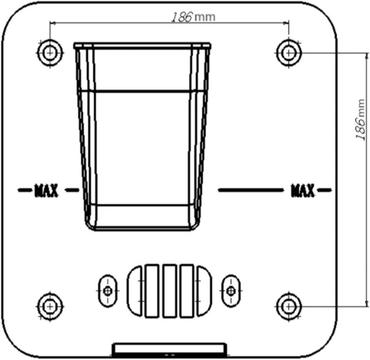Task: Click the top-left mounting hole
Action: (50, 53)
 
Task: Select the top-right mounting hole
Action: (288, 53)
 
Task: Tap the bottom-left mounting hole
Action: (50, 307)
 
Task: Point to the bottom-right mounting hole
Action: (288, 307)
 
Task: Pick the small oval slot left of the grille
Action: (108, 291)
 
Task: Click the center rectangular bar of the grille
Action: (169, 291)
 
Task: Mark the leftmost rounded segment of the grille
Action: (134, 291)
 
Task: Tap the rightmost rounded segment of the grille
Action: (204, 291)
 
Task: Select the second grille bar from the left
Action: (152, 291)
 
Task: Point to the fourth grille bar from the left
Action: (187, 291)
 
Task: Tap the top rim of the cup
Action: (142, 46)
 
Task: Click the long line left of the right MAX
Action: (251, 190)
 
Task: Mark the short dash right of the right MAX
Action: (324, 190)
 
